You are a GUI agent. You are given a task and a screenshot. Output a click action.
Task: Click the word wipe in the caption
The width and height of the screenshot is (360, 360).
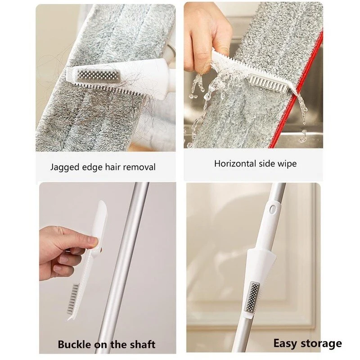pos(288,164)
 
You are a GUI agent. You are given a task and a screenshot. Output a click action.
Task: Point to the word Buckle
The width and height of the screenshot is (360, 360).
pos(74,344)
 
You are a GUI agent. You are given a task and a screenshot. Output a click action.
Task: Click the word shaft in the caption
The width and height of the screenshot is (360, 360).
pos(142,344)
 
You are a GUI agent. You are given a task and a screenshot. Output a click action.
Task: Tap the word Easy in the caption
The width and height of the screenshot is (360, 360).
pos(285,343)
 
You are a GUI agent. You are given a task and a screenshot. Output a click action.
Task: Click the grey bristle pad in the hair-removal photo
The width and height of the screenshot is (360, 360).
pos(99,75)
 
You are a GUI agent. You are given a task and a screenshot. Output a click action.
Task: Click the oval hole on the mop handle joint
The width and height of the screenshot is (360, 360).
pos(273,209)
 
